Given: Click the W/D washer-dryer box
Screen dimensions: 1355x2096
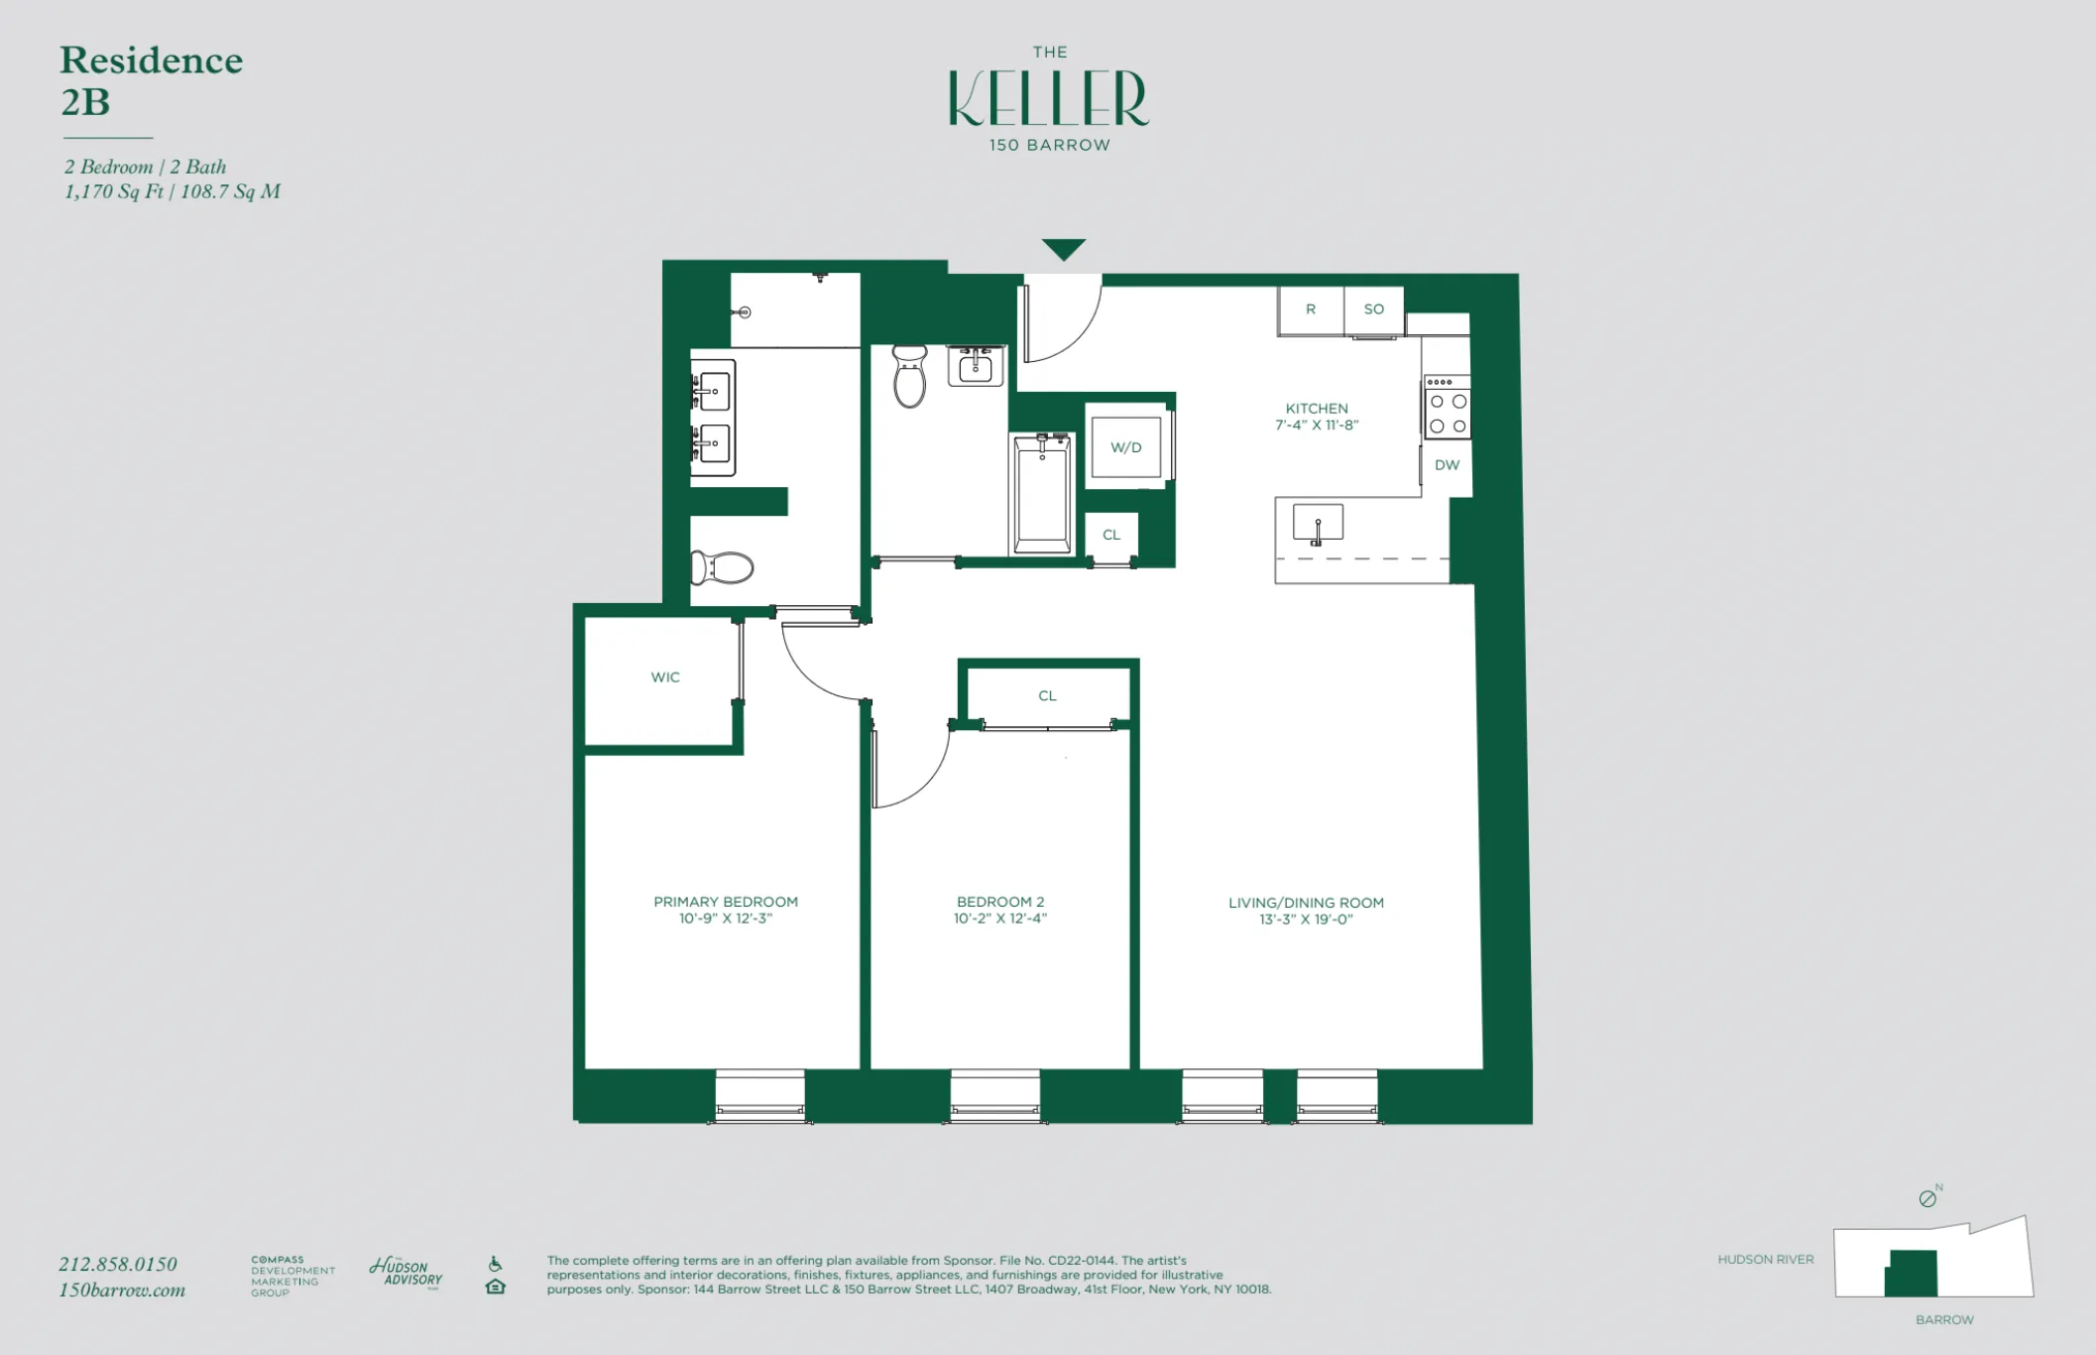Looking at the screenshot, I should coord(1125,447).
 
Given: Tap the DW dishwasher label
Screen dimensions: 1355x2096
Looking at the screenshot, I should coord(1447,465).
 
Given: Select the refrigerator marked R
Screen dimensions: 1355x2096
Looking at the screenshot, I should coord(1310,309).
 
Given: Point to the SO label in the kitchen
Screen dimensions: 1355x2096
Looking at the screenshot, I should coord(1373,309).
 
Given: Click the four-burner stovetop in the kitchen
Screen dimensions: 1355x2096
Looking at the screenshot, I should coord(1448,413).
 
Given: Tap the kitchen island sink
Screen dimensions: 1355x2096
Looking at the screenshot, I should coord(1318,523).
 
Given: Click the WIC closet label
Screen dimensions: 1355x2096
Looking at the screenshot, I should coord(665,677).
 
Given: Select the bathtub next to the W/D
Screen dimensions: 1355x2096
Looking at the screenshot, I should coord(1041,495).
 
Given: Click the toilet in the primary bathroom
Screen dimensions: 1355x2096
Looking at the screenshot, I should coord(723,568).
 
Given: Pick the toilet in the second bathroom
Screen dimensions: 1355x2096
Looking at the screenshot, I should coord(909,376).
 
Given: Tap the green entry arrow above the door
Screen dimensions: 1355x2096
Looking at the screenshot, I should coord(1063,248).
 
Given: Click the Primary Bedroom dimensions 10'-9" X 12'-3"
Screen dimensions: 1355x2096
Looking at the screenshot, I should coord(725,919).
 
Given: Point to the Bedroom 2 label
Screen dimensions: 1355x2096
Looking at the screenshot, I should coord(999,902).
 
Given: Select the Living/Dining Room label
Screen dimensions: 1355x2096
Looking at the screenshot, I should coord(1306,903).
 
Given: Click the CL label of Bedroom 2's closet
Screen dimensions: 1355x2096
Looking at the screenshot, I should coord(1047,696).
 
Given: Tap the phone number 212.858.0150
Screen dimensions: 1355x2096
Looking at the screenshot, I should coord(118,1264).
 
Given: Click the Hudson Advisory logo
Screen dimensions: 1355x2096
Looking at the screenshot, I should coord(407,1272).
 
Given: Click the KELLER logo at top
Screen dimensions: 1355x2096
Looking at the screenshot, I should coord(1048,99).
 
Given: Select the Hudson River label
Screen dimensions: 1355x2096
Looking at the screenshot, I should coord(1765,1260).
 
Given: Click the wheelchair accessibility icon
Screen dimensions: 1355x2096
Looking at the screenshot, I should coord(495,1264).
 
